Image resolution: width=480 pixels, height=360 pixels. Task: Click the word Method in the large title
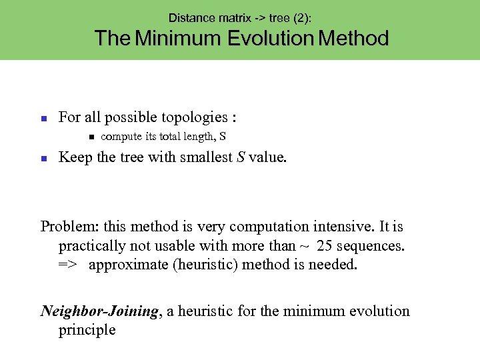click(353, 38)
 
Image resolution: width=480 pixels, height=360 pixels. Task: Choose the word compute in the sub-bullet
click(121, 137)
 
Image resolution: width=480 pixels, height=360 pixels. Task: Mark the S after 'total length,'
click(223, 137)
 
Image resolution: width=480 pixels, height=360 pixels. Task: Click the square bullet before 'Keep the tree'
click(43, 159)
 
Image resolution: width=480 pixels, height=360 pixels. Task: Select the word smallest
click(201, 157)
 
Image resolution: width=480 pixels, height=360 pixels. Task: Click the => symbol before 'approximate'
click(67, 265)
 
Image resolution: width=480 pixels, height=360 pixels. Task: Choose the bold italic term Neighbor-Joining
click(101, 311)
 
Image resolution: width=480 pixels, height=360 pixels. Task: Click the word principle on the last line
click(87, 330)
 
